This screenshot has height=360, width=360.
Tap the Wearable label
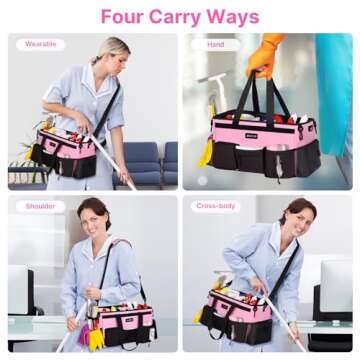pos(40,44)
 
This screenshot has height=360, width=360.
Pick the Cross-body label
pos(215,207)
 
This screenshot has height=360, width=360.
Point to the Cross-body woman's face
pos(296,217)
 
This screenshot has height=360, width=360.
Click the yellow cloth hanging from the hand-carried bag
pos(205,152)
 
